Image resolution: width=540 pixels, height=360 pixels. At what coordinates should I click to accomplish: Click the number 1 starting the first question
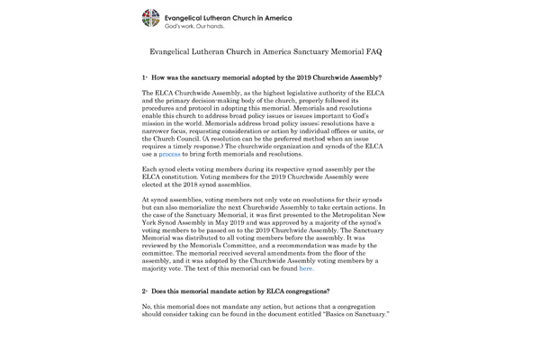click(144, 79)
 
